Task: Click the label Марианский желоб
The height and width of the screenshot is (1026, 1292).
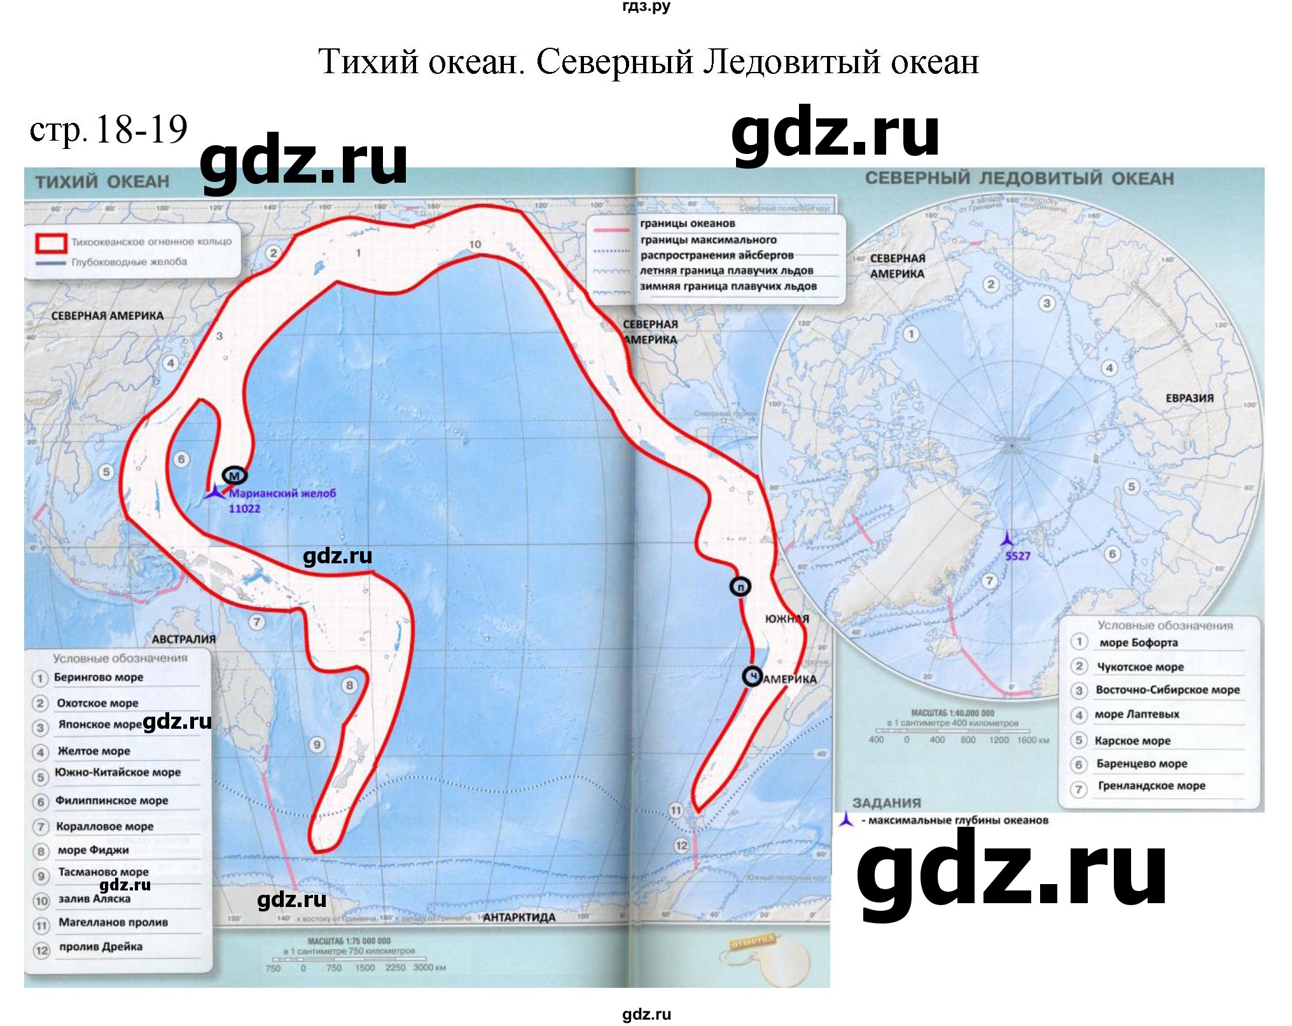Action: click(282, 493)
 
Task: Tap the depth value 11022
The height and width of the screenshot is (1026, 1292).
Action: click(244, 509)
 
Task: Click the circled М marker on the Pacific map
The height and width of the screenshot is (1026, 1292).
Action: click(234, 475)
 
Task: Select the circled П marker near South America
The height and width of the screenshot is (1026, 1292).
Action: click(740, 586)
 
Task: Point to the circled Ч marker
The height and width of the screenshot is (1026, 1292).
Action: click(753, 677)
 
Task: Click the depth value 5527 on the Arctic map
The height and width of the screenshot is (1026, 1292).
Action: click(1017, 556)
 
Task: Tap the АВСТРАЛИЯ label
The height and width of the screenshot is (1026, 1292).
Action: click(183, 639)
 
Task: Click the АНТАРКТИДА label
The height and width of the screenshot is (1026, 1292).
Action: click(518, 917)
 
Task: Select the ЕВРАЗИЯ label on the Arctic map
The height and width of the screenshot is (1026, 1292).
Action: click(1189, 398)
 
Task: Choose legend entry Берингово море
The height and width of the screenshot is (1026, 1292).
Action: click(99, 677)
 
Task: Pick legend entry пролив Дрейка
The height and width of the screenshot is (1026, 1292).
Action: click(101, 946)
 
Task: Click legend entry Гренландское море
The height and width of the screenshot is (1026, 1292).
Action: click(1151, 785)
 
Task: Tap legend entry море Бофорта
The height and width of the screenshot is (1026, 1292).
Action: click(1138, 642)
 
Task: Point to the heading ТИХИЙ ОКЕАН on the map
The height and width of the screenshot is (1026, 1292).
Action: click(102, 182)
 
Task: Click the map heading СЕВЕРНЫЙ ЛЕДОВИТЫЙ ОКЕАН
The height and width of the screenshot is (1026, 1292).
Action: click(1019, 179)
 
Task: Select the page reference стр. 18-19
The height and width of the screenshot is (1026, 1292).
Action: click(109, 130)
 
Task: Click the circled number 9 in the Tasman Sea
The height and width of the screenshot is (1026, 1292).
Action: click(317, 745)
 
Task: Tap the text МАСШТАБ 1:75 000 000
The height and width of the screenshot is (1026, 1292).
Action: click(349, 941)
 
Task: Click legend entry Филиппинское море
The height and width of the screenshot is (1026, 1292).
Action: click(112, 800)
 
